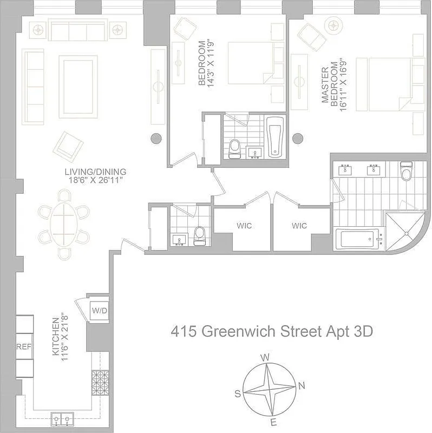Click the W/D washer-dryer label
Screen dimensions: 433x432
click(x=99, y=311)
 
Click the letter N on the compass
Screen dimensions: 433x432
click(x=302, y=385)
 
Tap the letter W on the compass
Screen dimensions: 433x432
click(x=265, y=357)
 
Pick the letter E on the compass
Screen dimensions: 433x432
click(x=274, y=423)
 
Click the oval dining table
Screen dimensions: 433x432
click(x=64, y=224)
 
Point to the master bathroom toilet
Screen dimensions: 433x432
click(x=406, y=172)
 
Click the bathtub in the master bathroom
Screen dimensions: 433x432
click(x=357, y=239)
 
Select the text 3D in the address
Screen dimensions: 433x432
click(x=363, y=331)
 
